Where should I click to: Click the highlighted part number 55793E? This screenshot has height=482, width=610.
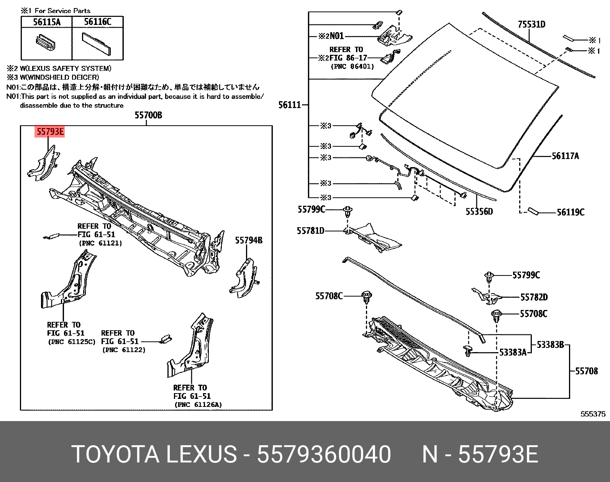[x=50, y=132]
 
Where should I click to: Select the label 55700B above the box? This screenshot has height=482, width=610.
[x=148, y=115]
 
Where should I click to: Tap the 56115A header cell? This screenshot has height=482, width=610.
[x=47, y=22]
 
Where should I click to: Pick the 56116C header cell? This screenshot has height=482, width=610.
[x=98, y=22]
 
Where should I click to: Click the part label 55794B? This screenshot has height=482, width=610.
[x=249, y=240]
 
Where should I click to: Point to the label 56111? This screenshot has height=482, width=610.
[x=290, y=105]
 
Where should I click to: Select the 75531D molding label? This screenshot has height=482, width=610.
[x=531, y=25]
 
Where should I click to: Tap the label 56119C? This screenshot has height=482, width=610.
[x=571, y=212]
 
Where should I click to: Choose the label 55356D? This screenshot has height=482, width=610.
[x=479, y=211]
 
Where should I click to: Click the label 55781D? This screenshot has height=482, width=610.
[x=310, y=231]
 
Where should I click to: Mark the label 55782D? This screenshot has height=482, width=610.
[x=534, y=297]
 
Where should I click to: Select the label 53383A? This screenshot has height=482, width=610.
[x=513, y=352]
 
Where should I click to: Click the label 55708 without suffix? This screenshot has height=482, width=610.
[x=586, y=371]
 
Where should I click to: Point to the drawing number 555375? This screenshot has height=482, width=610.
[x=593, y=414]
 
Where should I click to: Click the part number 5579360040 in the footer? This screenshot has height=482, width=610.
[x=324, y=454]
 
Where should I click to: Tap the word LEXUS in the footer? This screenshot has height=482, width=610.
[x=201, y=454]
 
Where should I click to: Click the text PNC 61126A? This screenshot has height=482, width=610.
[x=198, y=405]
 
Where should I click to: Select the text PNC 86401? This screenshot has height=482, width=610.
[x=352, y=66]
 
